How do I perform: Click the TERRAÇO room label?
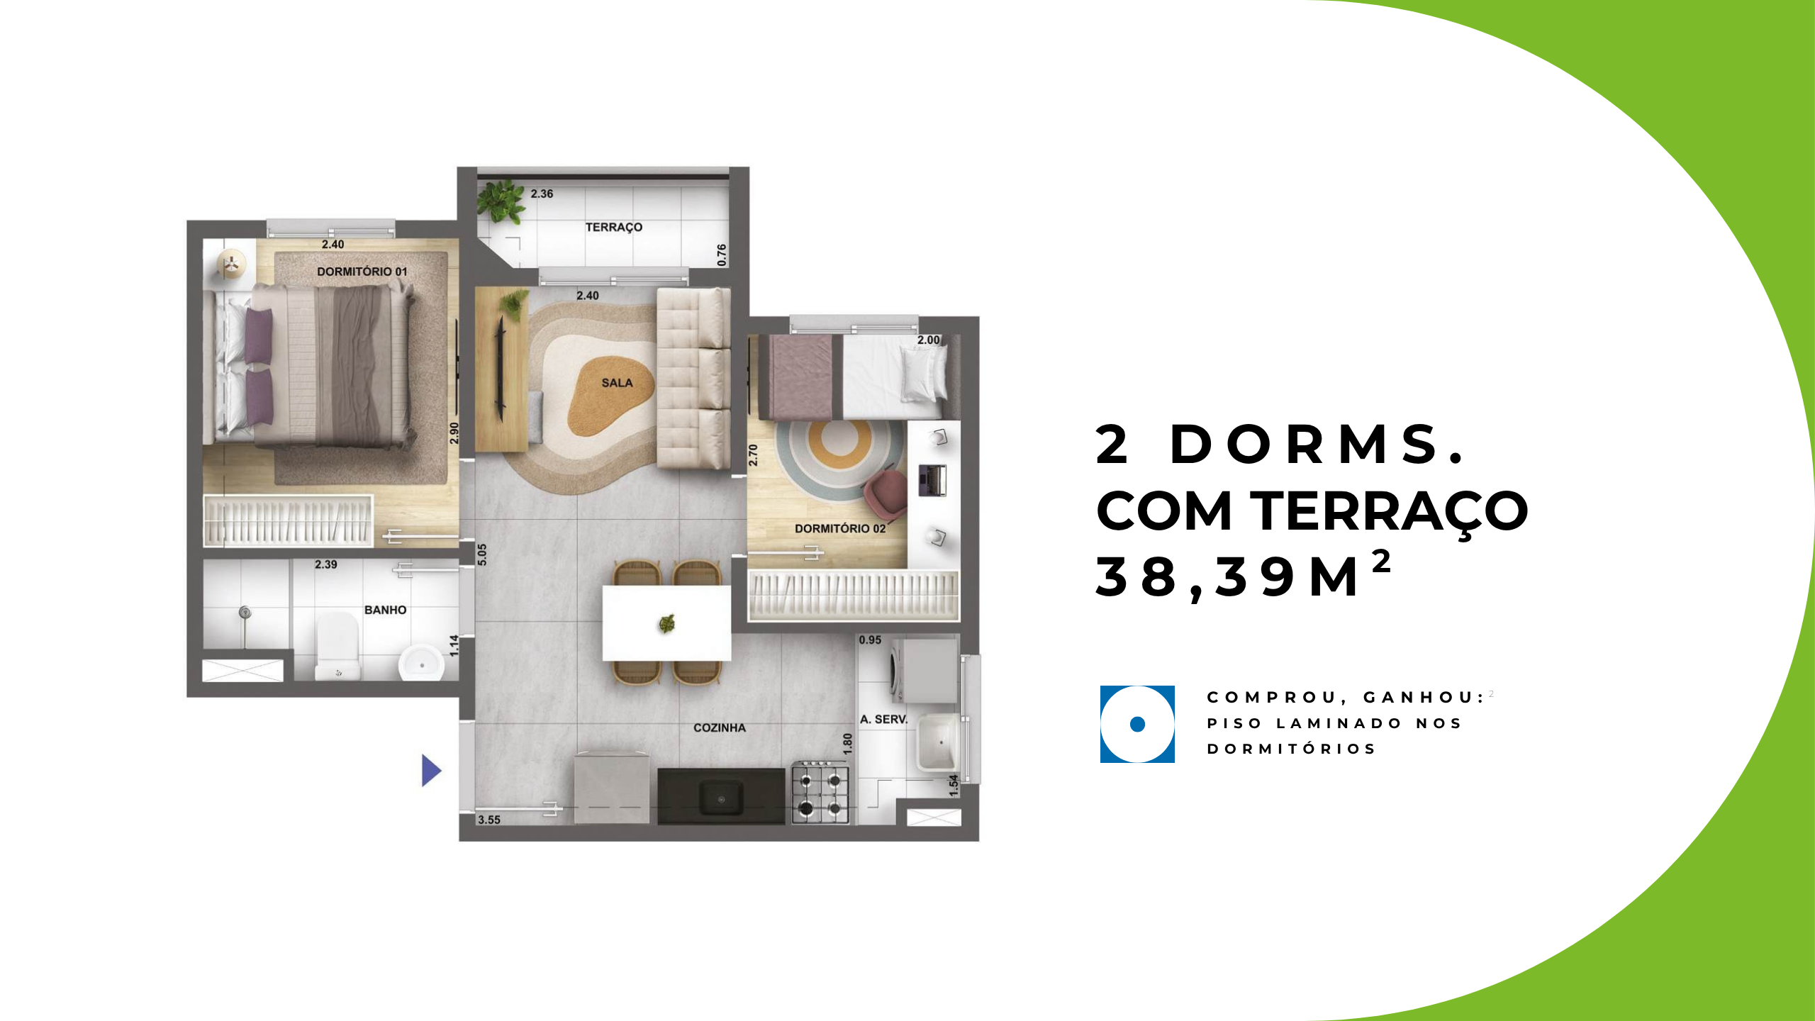(614, 227)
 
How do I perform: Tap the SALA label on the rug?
(617, 383)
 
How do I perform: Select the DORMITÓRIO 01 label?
(362, 272)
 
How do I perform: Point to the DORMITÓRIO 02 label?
(840, 528)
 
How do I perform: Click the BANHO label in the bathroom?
(385, 610)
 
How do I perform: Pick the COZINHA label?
(720, 727)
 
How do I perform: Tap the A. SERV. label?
(883, 719)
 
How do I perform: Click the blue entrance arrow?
(431, 770)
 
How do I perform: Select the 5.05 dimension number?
(482, 554)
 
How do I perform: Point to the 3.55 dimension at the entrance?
(489, 820)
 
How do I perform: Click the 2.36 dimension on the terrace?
(542, 194)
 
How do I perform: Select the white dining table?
(666, 623)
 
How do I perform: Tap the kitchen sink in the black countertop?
(721, 798)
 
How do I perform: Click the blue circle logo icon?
(1137, 724)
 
